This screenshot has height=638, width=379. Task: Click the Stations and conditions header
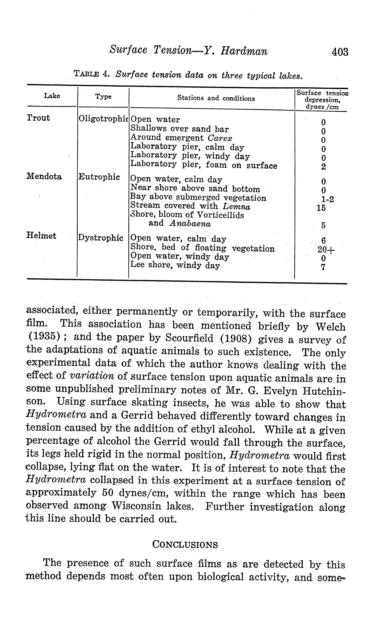216,98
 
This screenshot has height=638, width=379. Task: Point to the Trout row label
38,118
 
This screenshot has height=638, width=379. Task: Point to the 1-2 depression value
327,199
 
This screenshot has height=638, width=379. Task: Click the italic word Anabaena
190,224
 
